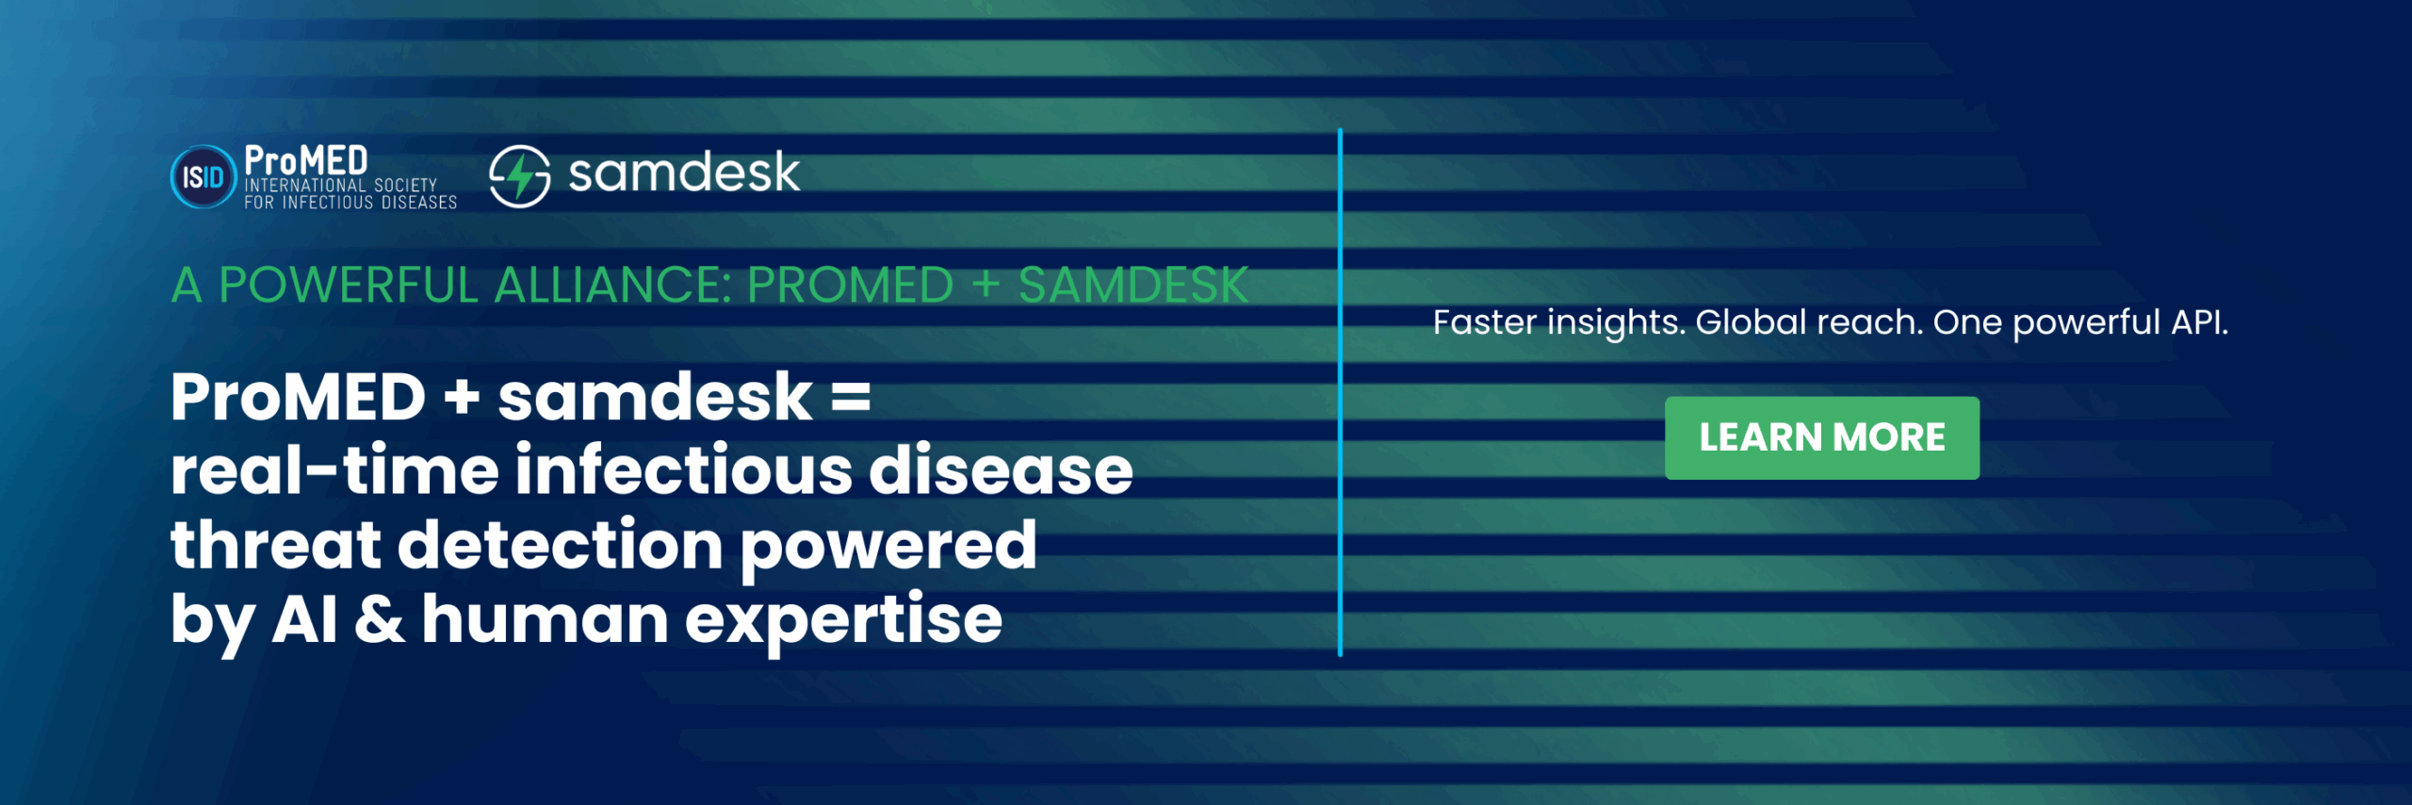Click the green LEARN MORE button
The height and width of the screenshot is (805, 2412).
click(1821, 437)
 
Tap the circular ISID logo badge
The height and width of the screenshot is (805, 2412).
click(203, 176)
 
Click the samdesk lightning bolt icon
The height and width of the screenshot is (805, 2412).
click(519, 175)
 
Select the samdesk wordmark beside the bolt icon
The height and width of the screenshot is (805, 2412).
click(684, 172)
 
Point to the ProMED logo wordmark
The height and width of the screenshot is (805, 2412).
click(305, 160)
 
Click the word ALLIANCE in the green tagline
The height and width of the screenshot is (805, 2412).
click(612, 285)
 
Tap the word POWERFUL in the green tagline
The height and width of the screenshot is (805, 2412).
click(349, 285)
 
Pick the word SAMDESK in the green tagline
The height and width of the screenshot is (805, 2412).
click(1133, 285)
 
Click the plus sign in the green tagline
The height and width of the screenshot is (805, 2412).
click(986, 285)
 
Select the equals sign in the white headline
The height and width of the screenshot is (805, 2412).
click(851, 397)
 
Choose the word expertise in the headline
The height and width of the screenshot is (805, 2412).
click(843, 622)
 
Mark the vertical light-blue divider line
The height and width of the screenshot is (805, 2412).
click(1340, 392)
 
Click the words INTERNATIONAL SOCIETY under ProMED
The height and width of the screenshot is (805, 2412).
click(341, 186)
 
